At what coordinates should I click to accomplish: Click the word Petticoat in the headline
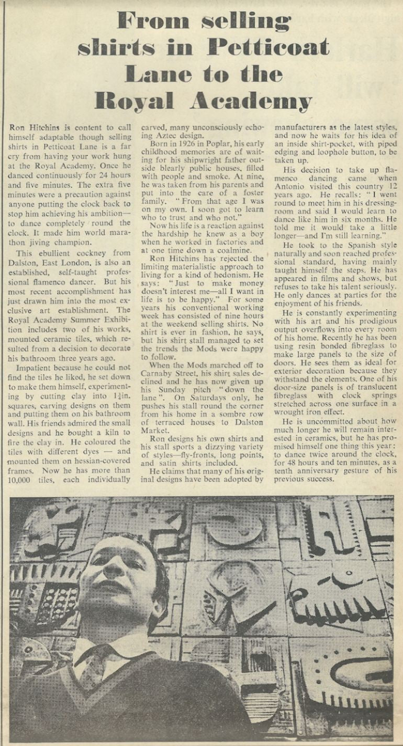[x=268, y=48]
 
